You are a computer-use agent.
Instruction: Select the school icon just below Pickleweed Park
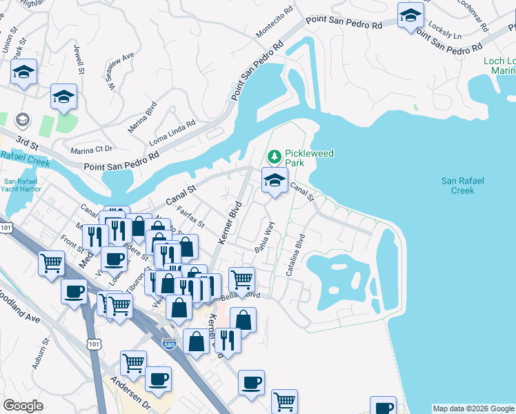[x=275, y=181]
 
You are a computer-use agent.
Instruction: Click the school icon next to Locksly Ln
[x=410, y=17]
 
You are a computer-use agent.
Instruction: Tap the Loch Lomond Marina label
[x=499, y=66]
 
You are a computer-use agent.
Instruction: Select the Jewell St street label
[x=79, y=59]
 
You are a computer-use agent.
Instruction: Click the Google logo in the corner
[x=23, y=406]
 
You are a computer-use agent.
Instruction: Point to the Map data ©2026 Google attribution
[x=473, y=408]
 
